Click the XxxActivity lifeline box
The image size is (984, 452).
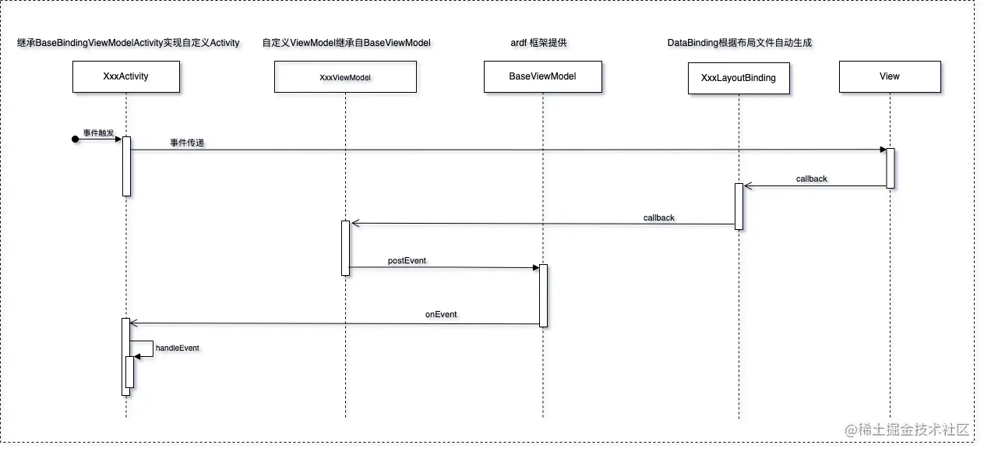pos(125,77)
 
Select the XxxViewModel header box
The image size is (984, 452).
pos(345,77)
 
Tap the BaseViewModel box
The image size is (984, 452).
pos(543,77)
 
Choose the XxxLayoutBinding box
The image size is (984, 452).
pos(739,78)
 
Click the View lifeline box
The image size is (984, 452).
pos(889,77)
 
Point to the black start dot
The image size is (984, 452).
pos(76,139)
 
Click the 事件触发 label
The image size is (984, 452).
pos(98,133)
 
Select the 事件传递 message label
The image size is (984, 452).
pos(187,143)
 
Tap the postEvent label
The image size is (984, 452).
pos(407,260)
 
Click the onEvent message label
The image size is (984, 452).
pos(441,315)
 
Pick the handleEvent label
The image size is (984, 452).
pos(178,348)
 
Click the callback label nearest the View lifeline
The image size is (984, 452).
pos(812,179)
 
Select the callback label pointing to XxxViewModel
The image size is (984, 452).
pos(659,217)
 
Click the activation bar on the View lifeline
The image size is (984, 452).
pos(890,168)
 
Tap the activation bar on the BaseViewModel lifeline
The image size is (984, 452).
pos(543,295)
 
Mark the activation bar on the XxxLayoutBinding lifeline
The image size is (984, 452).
pos(739,206)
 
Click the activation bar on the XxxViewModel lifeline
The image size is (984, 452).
pos(345,247)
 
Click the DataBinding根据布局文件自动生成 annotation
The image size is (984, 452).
pos(739,44)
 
